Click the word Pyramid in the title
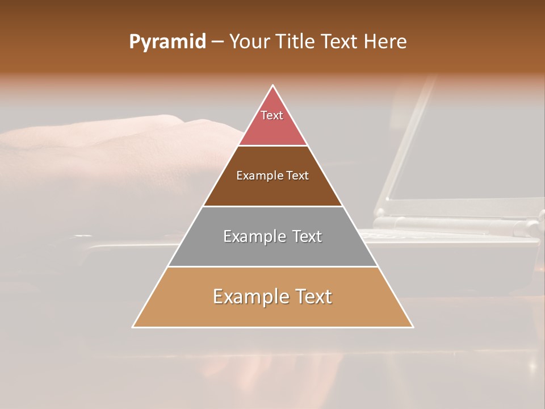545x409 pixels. tap(167, 42)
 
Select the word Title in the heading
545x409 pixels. tap(295, 42)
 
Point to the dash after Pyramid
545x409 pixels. tap(217, 42)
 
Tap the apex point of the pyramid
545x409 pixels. tap(273, 86)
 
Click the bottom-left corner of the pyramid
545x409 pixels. tap(133, 327)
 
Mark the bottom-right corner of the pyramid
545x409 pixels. tap(413, 327)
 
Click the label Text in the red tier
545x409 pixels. tap(272, 115)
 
